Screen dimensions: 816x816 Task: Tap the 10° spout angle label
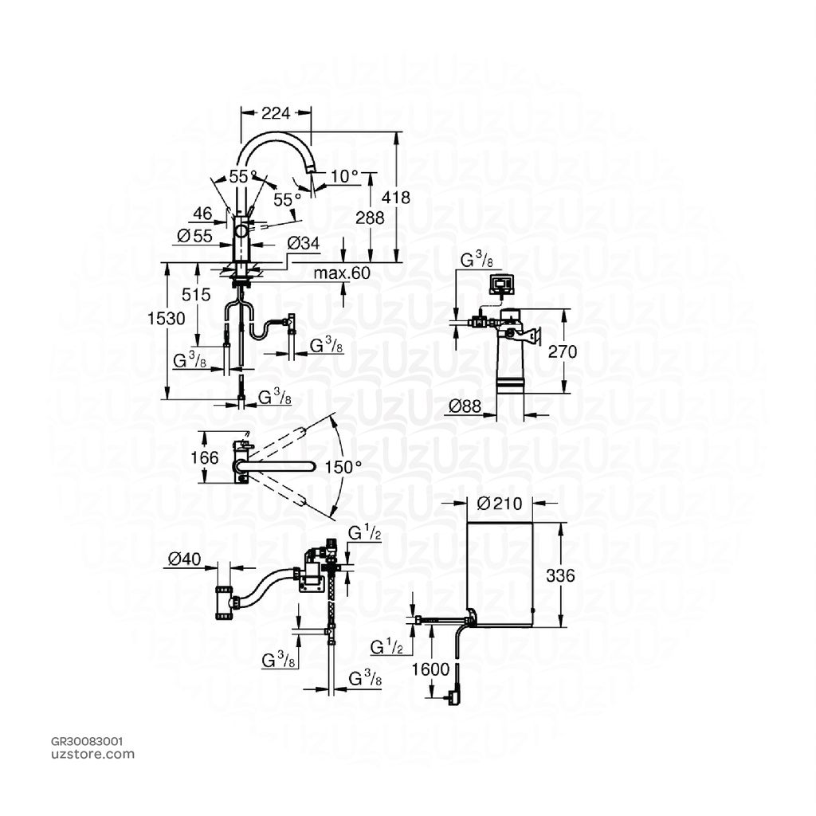tap(344, 176)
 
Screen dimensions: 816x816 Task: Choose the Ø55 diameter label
tap(194, 236)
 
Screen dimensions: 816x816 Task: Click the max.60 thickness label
tap(342, 273)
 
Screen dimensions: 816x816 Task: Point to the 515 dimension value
tap(196, 295)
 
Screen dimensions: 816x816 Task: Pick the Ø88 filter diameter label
tap(465, 406)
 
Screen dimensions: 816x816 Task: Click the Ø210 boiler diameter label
tap(499, 504)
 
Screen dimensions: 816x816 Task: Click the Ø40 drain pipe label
tap(185, 559)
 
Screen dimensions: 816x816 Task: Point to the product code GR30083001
tap(87, 741)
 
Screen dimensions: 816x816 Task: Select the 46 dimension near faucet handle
tap(203, 214)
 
